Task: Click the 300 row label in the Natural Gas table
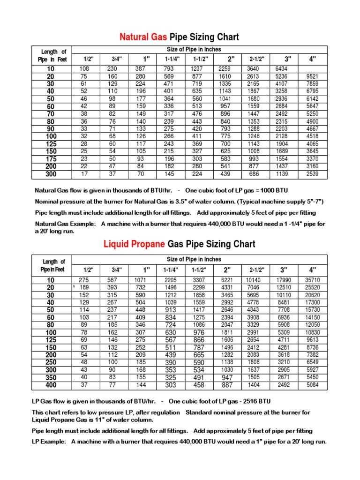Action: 51,174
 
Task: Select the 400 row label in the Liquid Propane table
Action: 51,385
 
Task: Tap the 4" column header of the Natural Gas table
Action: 312,59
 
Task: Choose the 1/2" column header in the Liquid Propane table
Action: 89,270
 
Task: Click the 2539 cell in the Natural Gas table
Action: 312,174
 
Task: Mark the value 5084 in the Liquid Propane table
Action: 312,385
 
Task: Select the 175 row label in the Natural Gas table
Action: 51,159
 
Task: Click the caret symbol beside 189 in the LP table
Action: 74,286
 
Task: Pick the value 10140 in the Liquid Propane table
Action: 254,280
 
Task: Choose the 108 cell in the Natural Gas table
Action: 84,69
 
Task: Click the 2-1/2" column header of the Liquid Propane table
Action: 256,270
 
